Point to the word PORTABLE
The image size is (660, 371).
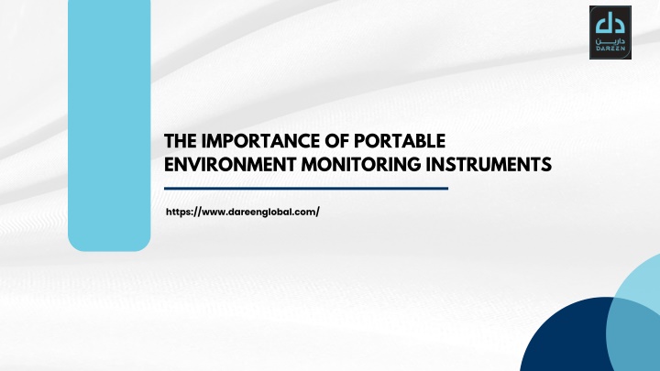[400, 141]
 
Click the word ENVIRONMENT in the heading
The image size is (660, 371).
[230, 165]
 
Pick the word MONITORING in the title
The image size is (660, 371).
[361, 165]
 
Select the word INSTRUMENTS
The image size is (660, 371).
[489, 165]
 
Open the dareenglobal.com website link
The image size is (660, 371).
[243, 212]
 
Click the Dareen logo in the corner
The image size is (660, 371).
[610, 32]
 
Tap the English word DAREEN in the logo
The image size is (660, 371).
[610, 49]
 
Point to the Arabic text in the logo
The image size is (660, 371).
[610, 41]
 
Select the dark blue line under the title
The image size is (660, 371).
[306, 189]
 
